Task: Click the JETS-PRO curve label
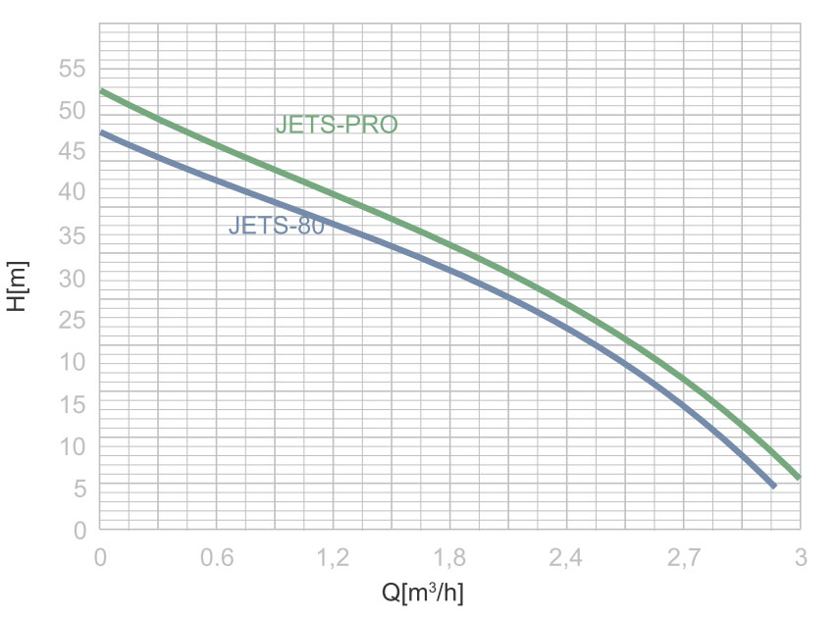pos(337,126)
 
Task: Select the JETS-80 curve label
pos(276,227)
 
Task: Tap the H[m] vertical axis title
pos(18,285)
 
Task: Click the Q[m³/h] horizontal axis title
pos(422,593)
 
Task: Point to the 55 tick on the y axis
pos(74,69)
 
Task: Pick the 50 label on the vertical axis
pos(74,111)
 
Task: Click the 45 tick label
pos(74,153)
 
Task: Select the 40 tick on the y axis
pos(74,194)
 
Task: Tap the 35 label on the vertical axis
pos(74,236)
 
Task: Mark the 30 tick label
pos(74,279)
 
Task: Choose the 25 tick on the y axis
pos(74,321)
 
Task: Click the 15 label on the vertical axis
pos(74,405)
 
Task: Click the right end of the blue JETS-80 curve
pos(773,485)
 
